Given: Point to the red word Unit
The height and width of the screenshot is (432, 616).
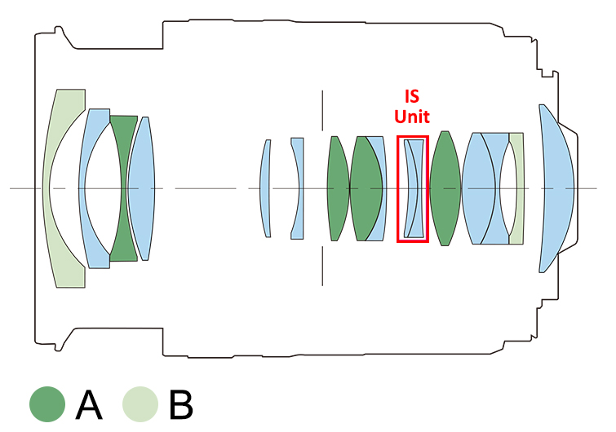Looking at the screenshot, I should pyautogui.click(x=412, y=117).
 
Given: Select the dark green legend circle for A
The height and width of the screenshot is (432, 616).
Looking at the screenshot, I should pyautogui.click(x=47, y=404).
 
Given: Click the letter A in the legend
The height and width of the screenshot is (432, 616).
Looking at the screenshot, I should pyautogui.click(x=89, y=404).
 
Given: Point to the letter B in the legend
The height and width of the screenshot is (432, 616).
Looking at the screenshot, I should pyautogui.click(x=181, y=404).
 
